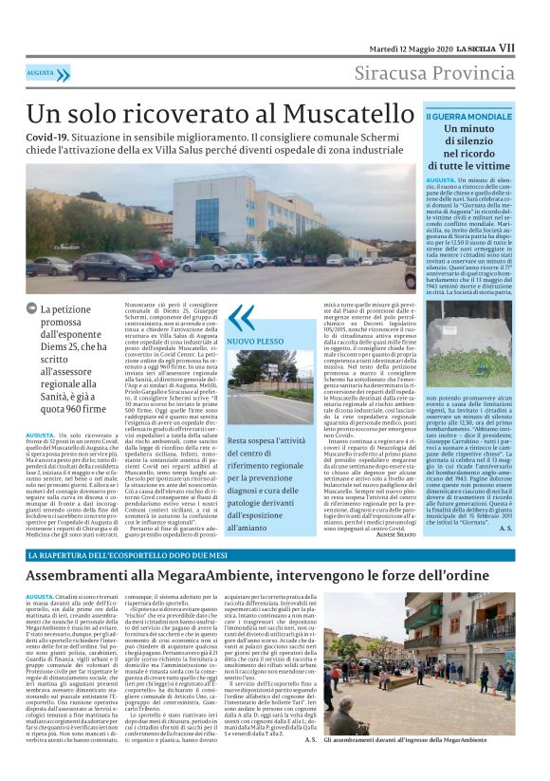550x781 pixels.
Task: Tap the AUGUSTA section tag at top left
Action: tap(40, 72)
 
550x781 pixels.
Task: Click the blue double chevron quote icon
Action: tap(241, 316)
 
